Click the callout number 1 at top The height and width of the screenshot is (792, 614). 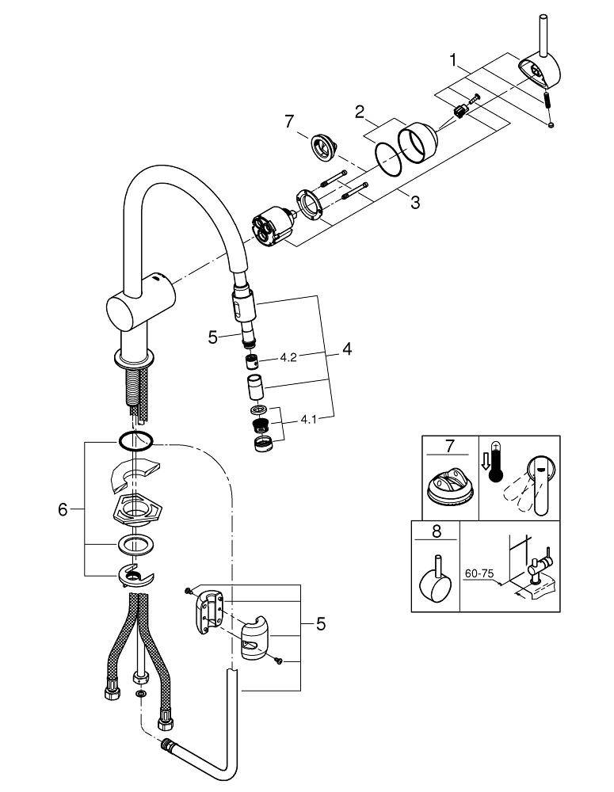coord(452,59)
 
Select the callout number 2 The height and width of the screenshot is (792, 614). coord(360,113)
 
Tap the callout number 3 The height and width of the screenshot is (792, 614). coord(414,203)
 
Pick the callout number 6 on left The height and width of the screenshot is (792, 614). coord(63,510)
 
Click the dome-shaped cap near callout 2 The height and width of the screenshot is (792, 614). coord(419,143)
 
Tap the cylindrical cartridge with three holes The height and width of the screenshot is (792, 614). coord(269,227)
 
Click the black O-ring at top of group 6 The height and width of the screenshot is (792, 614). coord(135,440)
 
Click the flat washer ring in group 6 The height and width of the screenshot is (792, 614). coord(134,545)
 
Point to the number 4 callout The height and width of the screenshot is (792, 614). coord(347,348)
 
